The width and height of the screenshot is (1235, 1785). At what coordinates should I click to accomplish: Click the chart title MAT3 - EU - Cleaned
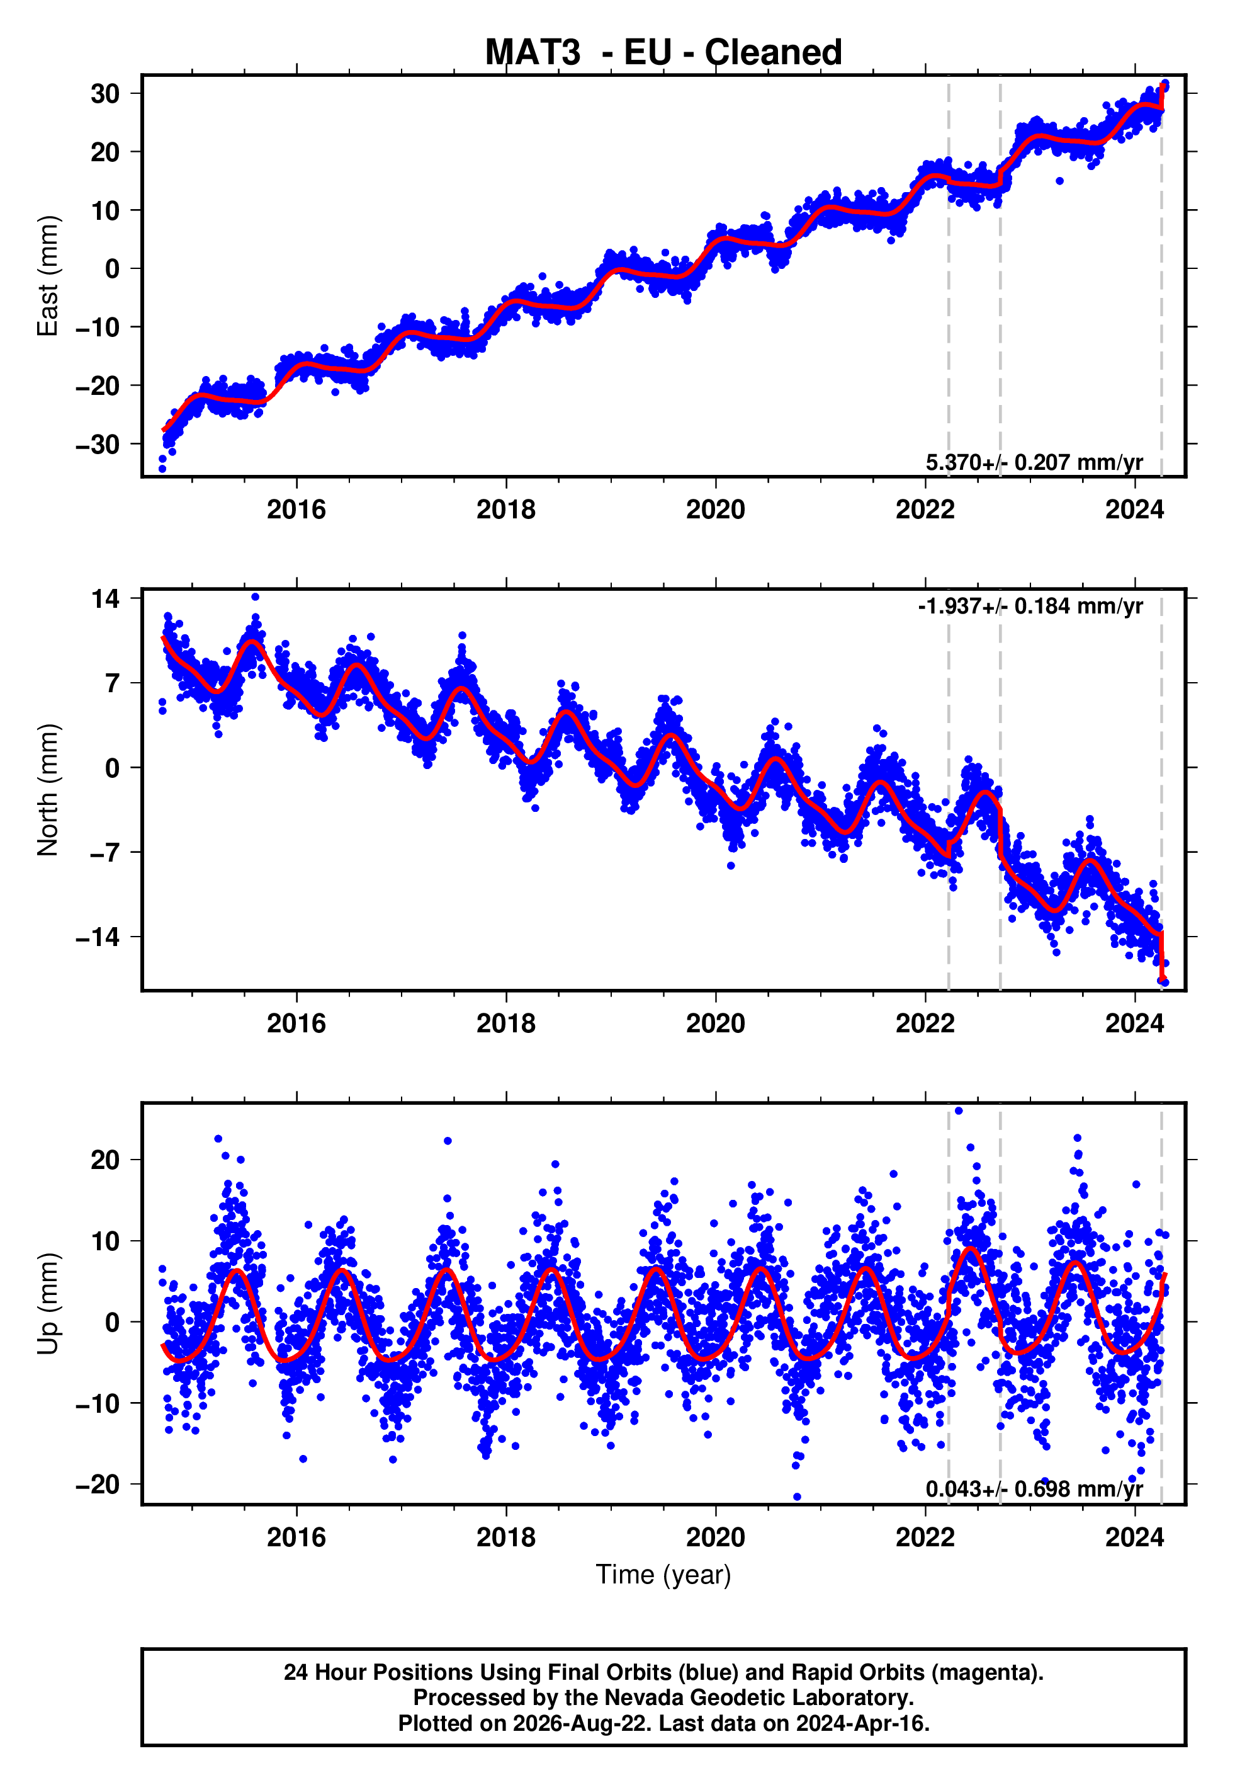point(663,53)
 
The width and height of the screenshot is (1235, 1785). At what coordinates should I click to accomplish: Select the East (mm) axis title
point(48,276)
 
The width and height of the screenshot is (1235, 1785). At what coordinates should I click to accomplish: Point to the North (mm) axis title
point(48,790)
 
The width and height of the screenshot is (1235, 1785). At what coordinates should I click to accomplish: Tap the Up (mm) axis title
point(48,1304)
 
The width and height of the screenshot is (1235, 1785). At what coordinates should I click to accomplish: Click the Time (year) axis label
point(663,1575)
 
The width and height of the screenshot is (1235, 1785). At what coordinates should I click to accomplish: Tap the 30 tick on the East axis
point(105,94)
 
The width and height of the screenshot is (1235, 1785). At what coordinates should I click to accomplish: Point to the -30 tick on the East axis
point(98,444)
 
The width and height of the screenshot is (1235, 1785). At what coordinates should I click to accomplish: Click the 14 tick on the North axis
point(105,598)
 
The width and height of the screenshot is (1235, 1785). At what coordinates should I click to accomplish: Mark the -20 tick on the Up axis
point(98,1484)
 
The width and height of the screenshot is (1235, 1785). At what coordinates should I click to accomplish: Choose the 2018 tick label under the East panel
point(506,510)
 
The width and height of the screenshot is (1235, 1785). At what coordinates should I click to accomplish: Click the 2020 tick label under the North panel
point(716,1024)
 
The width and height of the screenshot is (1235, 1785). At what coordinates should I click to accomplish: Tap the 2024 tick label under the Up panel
point(1134,1537)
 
